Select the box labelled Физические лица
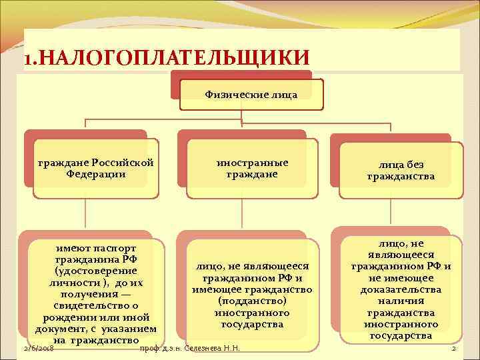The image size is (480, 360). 250,94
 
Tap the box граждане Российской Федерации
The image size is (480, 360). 96,168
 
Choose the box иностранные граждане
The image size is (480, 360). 252,168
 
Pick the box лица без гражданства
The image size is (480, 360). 401,171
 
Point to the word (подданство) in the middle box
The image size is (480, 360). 252,301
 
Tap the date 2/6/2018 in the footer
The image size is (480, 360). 38,349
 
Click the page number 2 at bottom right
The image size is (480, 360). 453,349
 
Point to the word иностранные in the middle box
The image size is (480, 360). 252,163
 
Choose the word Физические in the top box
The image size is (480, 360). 231,94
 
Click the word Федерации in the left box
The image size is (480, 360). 96,173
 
